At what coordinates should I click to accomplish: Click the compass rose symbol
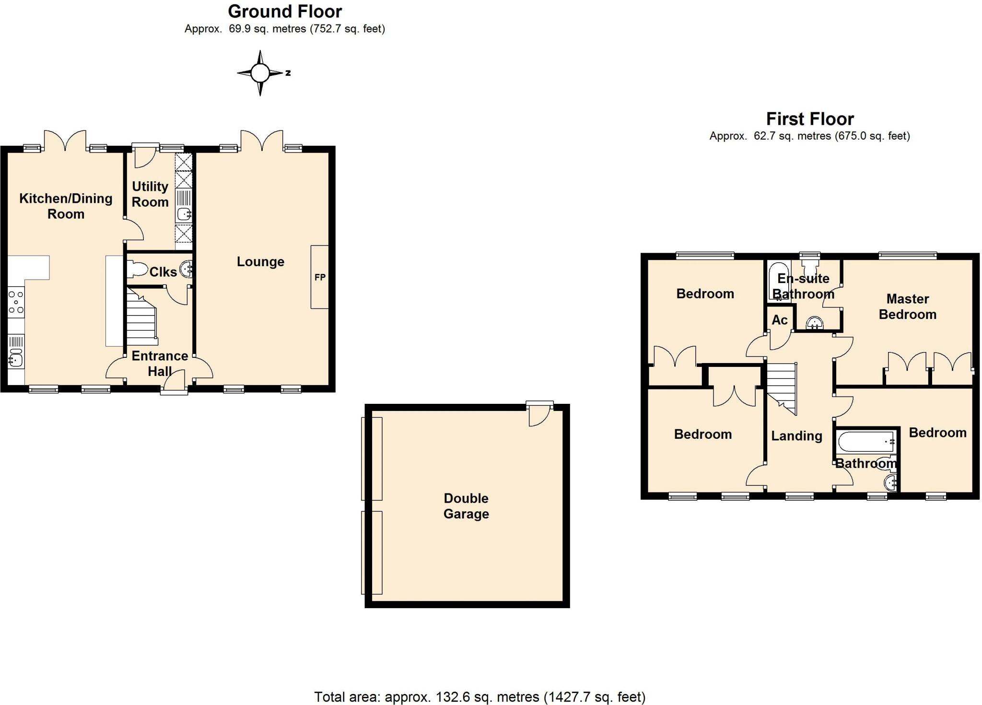(260, 73)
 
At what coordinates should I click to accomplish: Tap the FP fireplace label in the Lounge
(320, 277)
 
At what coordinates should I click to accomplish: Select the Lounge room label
(260, 261)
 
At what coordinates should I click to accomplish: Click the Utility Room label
(150, 194)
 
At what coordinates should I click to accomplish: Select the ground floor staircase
(141, 317)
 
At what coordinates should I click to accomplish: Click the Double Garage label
(466, 505)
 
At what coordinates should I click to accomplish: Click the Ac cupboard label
(779, 320)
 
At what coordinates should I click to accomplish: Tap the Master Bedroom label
(907, 306)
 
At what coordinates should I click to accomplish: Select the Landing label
(796, 435)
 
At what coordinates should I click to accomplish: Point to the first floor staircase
(782, 386)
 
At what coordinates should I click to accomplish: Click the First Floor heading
(809, 118)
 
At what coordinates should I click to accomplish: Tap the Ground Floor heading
(285, 11)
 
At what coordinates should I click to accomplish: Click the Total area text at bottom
(479, 696)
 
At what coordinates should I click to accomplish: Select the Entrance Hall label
(160, 363)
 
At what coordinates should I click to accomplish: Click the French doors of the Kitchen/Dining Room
(65, 140)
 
